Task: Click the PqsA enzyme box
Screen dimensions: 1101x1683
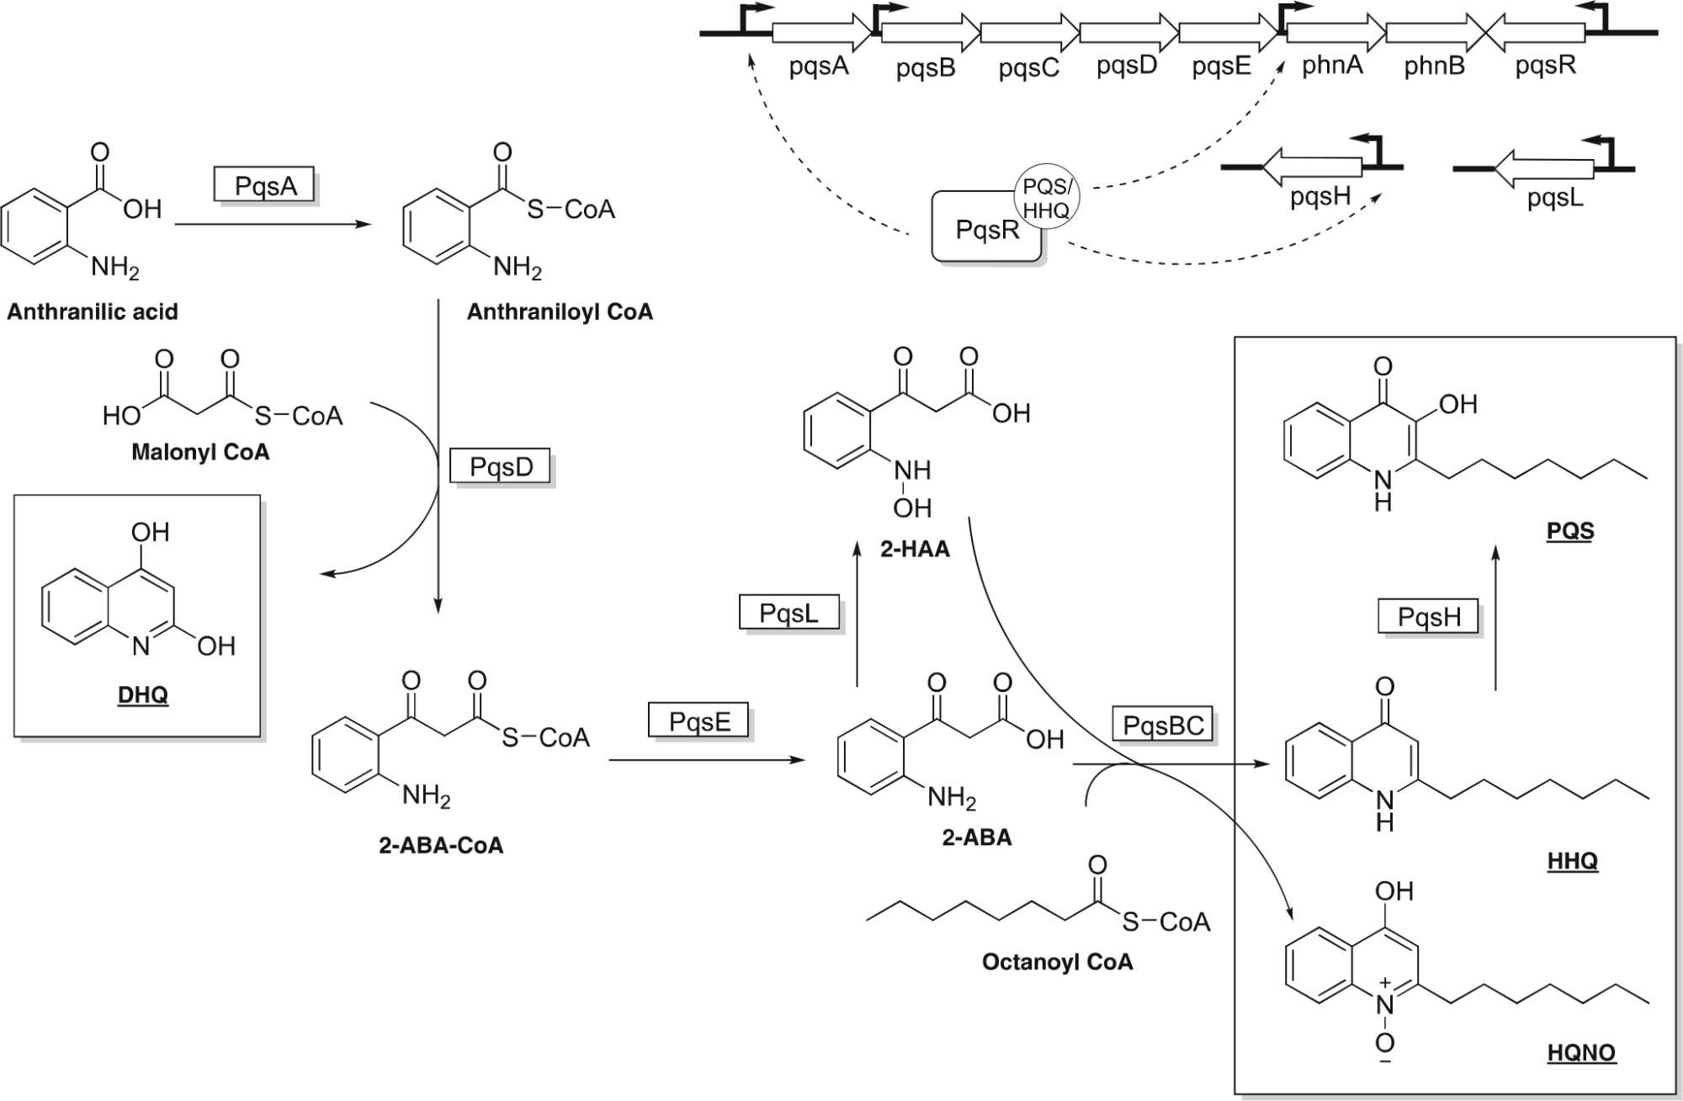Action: (x=264, y=185)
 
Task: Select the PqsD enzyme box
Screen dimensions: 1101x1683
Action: (x=501, y=466)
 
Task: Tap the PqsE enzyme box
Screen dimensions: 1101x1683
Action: (x=698, y=721)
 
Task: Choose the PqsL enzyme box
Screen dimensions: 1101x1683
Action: (x=788, y=613)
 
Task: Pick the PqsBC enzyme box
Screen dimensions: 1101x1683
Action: (x=1163, y=725)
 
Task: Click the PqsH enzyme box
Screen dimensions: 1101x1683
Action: (x=1428, y=617)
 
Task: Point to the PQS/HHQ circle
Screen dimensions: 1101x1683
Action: (x=1046, y=198)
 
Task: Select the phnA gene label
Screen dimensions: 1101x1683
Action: (x=1332, y=65)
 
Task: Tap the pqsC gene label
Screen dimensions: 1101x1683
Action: (x=1028, y=67)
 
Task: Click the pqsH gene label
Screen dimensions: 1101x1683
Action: (x=1319, y=196)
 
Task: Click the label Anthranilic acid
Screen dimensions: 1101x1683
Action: (x=93, y=311)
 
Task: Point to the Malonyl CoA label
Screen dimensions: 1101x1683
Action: (x=200, y=452)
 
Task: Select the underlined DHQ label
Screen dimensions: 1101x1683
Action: (x=142, y=694)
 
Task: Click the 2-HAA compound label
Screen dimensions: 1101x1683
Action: (x=915, y=549)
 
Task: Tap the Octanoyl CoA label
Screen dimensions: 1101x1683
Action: (x=1057, y=961)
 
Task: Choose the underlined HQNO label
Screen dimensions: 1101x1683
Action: (x=1581, y=1052)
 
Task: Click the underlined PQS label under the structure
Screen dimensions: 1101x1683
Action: (x=1569, y=530)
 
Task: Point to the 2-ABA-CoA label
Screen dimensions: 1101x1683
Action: (x=441, y=845)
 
